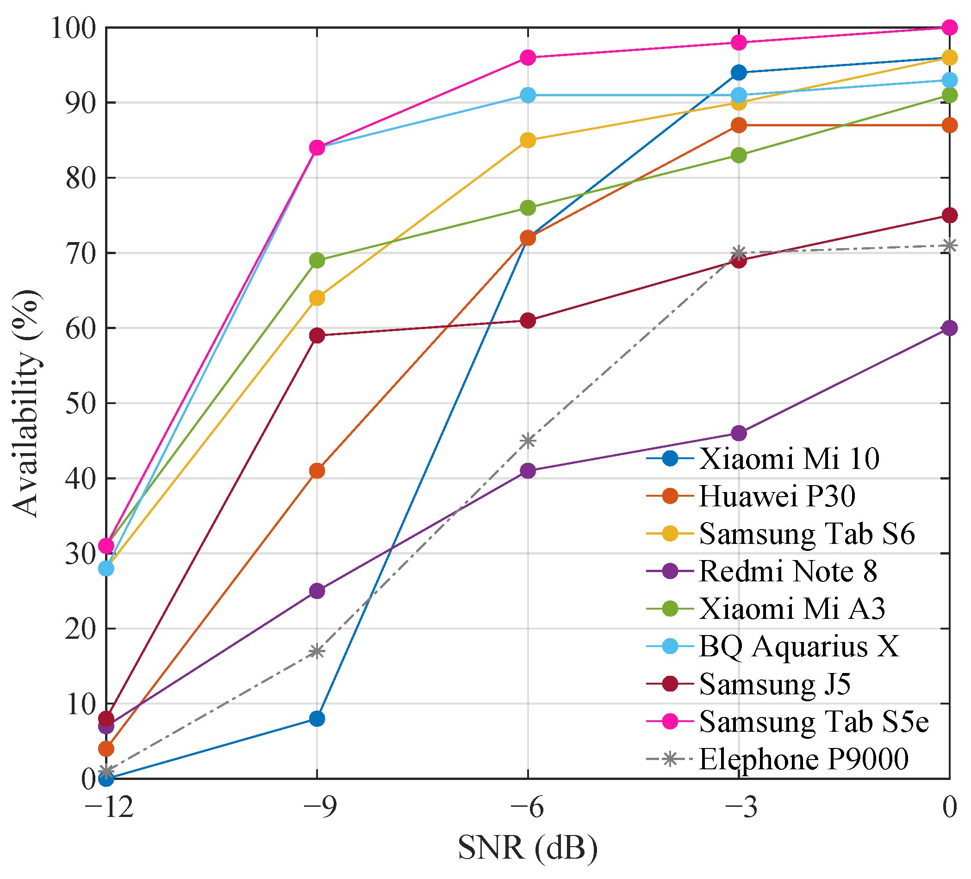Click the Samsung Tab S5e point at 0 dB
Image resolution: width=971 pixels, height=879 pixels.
(x=949, y=27)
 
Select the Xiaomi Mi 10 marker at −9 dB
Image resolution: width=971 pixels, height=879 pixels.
(x=317, y=718)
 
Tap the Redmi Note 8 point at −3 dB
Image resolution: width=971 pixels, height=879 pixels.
(x=739, y=433)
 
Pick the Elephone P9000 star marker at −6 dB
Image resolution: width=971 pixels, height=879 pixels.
(x=528, y=441)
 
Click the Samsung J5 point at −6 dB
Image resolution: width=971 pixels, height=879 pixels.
(x=528, y=321)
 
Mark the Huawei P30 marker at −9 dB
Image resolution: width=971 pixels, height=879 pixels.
(x=317, y=471)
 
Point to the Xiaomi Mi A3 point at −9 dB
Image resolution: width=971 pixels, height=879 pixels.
(x=317, y=261)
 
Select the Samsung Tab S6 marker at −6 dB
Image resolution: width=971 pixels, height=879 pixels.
(x=528, y=141)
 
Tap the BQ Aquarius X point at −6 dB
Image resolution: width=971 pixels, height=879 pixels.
(x=528, y=95)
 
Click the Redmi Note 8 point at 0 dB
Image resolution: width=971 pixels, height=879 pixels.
(x=949, y=328)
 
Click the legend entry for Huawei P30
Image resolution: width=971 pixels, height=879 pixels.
(x=777, y=496)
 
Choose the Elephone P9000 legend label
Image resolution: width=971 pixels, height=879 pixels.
(x=803, y=759)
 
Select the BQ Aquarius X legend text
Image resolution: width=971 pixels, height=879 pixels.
(x=798, y=646)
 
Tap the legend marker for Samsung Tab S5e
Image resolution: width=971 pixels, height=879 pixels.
(x=670, y=721)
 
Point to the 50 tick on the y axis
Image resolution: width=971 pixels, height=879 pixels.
(x=80, y=403)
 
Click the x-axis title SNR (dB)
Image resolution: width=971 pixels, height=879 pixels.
(x=528, y=848)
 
